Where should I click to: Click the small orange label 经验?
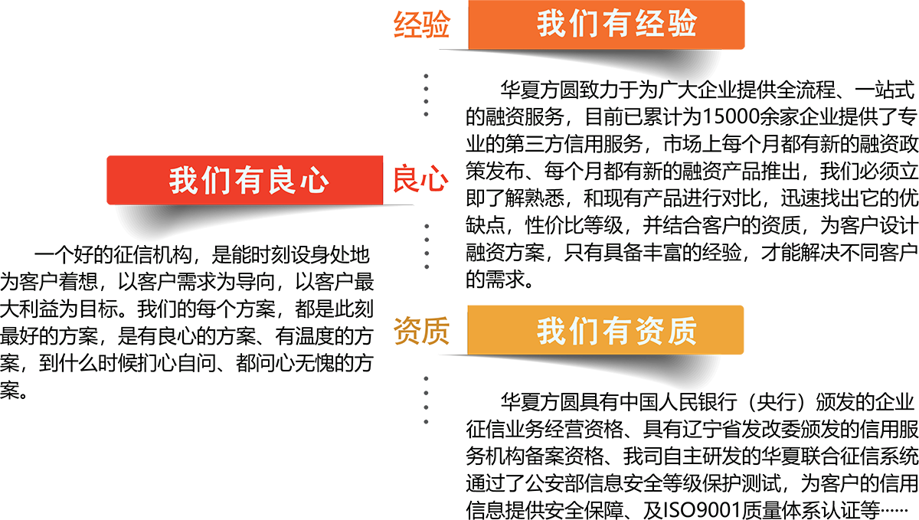(420, 25)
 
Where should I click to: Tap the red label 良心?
(420, 180)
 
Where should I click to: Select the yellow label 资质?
(420, 332)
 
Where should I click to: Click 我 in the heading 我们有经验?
(551, 25)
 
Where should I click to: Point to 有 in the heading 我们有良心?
(249, 182)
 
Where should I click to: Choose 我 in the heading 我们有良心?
(183, 182)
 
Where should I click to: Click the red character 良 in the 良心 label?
(406, 180)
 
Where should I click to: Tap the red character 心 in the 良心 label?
(434, 180)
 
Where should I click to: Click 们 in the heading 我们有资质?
(584, 332)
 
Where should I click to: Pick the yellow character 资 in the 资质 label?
(407, 332)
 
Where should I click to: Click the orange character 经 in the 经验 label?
(407, 25)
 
